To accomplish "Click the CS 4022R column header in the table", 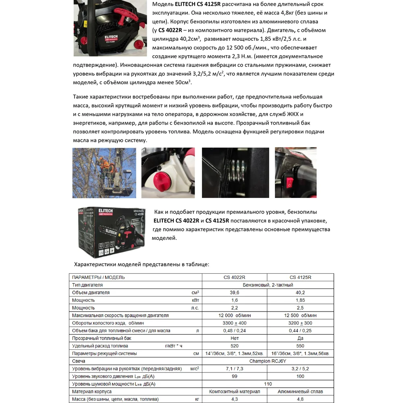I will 234,277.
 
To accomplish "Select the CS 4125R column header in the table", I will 300,277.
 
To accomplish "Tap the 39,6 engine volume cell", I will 234,293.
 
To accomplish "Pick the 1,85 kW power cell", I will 300,300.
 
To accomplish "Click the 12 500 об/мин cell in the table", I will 300,316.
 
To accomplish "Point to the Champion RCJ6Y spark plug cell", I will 268,361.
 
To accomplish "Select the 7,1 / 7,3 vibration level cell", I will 234,369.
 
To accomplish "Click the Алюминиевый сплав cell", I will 300,391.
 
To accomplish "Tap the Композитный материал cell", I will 234,391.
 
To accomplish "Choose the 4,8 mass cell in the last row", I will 300,399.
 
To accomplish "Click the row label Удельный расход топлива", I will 100,346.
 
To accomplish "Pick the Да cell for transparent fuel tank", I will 300,339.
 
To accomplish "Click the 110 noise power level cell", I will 268,384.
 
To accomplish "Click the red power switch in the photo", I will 289,183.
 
